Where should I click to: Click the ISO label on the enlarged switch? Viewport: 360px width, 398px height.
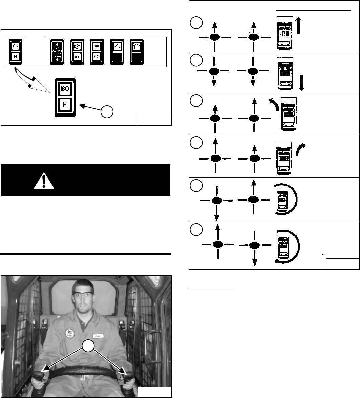65,89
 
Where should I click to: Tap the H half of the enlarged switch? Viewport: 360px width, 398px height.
65,106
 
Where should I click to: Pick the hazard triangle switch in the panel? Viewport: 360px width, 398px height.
117,51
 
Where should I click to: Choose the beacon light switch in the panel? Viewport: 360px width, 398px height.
136,51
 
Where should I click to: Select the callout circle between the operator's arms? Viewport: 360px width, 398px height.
87,347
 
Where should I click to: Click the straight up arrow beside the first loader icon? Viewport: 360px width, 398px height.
298,26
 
